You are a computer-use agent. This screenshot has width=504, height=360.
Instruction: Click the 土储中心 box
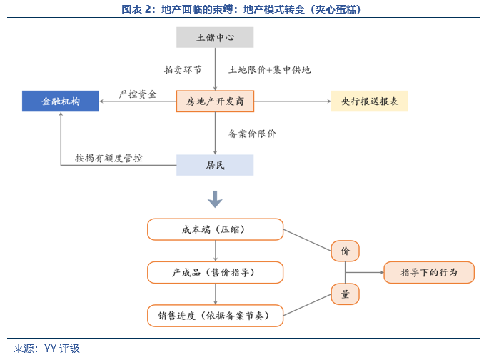click(215, 37)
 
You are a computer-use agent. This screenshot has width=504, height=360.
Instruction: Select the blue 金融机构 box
click(61, 101)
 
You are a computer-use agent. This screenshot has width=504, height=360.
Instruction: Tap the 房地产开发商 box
click(215, 101)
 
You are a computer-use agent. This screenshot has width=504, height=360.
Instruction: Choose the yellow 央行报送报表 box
click(369, 101)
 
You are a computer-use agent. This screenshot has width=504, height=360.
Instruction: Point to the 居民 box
click(215, 165)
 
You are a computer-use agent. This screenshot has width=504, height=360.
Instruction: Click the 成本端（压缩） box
click(215, 229)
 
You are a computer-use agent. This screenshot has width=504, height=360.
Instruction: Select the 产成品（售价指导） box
click(215, 272)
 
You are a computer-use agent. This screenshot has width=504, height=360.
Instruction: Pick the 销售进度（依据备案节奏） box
click(215, 314)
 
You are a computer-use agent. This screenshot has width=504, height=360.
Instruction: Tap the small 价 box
click(345, 251)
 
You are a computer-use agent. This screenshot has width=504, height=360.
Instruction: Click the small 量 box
click(345, 294)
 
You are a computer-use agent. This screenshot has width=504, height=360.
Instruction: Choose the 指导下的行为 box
click(429, 272)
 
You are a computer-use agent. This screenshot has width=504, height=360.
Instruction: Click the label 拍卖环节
click(183, 70)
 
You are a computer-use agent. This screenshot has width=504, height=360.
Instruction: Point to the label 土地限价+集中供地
click(269, 70)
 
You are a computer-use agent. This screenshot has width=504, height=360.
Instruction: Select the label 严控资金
click(137, 94)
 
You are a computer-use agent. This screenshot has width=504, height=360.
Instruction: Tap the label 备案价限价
click(252, 134)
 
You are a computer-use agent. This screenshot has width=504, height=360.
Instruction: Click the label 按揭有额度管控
click(109, 157)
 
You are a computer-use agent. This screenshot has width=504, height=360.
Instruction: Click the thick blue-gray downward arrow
click(215, 199)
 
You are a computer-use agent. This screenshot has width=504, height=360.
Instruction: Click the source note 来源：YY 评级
click(46, 349)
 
